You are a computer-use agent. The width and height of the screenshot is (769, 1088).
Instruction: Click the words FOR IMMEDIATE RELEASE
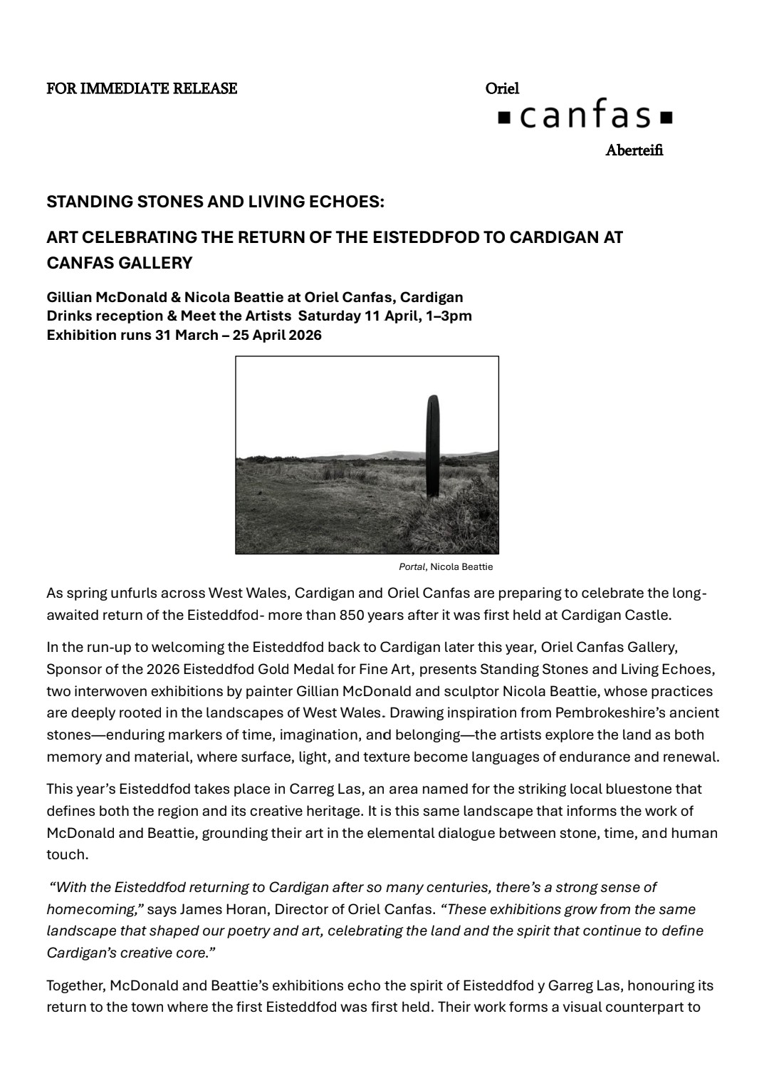(x=142, y=88)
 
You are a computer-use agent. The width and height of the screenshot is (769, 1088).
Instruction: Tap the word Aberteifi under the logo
(x=634, y=150)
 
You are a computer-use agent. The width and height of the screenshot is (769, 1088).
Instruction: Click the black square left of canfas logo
(x=503, y=117)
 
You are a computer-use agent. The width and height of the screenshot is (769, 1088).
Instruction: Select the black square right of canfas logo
(x=666, y=117)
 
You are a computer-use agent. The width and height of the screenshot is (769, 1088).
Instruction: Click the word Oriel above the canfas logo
(x=502, y=88)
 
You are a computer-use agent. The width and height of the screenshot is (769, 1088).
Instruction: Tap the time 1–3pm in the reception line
(x=449, y=316)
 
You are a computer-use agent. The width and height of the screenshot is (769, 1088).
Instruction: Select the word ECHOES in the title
(x=350, y=202)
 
